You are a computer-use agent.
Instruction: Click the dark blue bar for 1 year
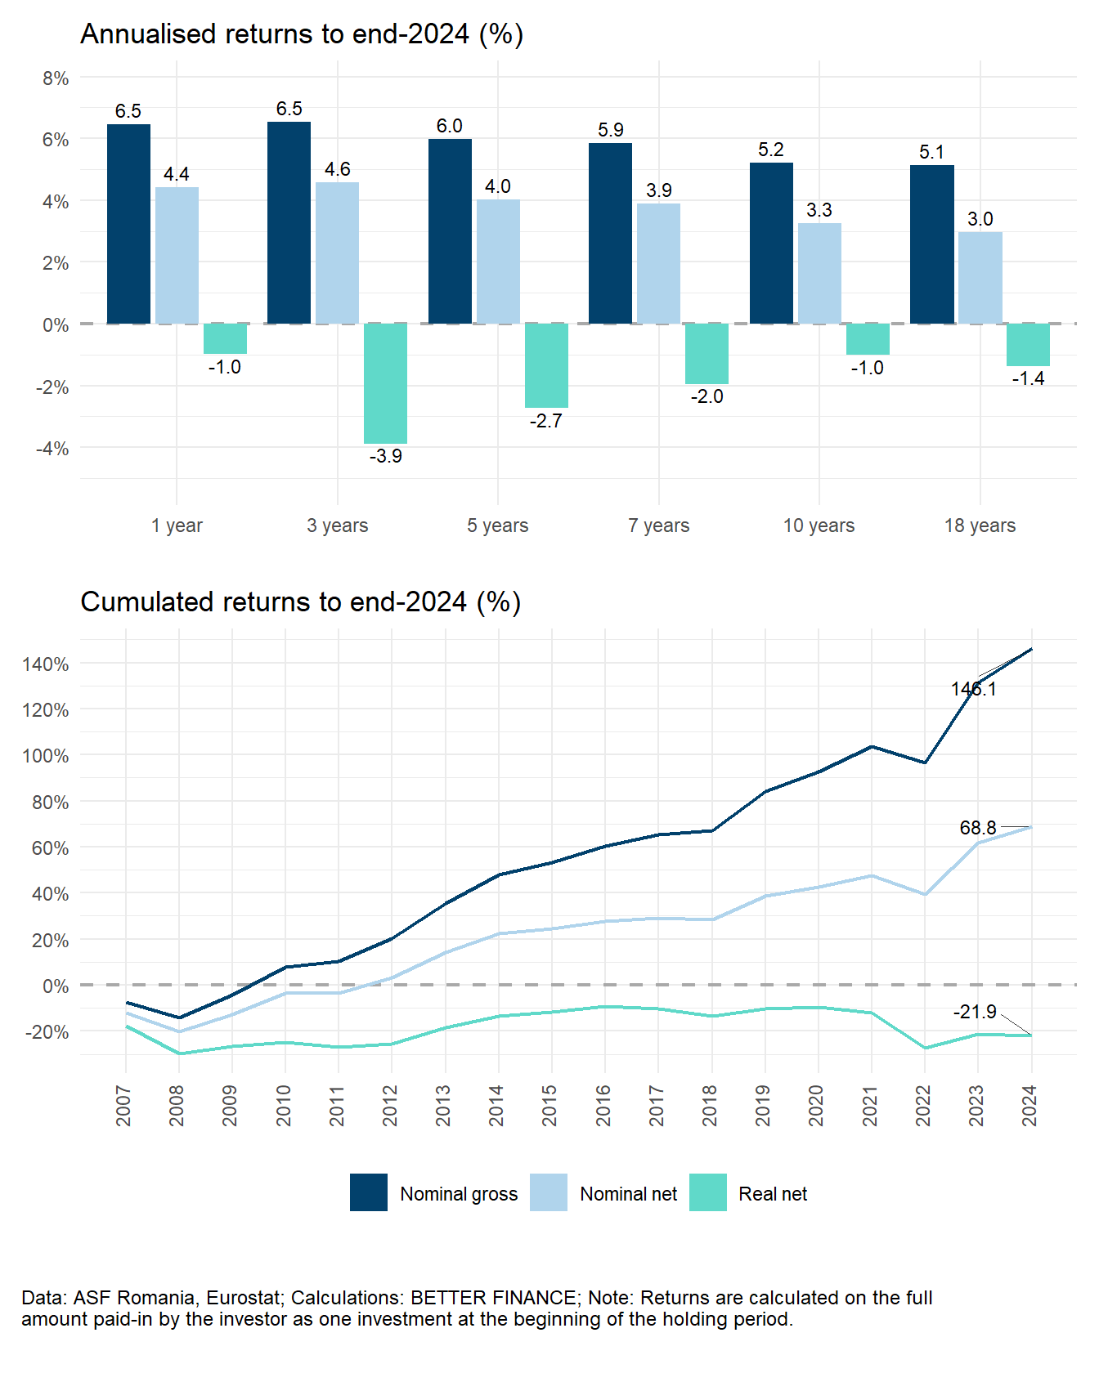(128, 223)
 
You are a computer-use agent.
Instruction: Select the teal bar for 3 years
(385, 382)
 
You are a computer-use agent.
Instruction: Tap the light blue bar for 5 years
(498, 262)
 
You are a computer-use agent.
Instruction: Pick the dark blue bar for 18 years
(931, 244)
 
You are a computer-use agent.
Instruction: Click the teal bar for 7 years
(706, 353)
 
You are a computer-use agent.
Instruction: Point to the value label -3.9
(385, 456)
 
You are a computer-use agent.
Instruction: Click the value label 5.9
(610, 130)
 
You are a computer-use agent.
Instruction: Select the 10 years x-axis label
(819, 525)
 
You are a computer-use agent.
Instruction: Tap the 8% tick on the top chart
(56, 78)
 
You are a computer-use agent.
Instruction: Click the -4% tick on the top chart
(52, 449)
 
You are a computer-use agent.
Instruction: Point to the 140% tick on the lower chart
(46, 664)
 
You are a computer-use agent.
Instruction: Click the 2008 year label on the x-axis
(177, 1105)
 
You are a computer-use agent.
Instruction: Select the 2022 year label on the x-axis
(924, 1105)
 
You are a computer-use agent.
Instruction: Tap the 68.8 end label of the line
(977, 828)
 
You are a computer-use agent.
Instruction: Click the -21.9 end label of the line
(974, 1012)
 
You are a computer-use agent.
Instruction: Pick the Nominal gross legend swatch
(368, 1192)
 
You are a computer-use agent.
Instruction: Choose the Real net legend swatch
(707, 1192)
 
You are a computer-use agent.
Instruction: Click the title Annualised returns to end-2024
(301, 34)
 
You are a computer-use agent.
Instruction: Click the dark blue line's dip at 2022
(925, 763)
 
